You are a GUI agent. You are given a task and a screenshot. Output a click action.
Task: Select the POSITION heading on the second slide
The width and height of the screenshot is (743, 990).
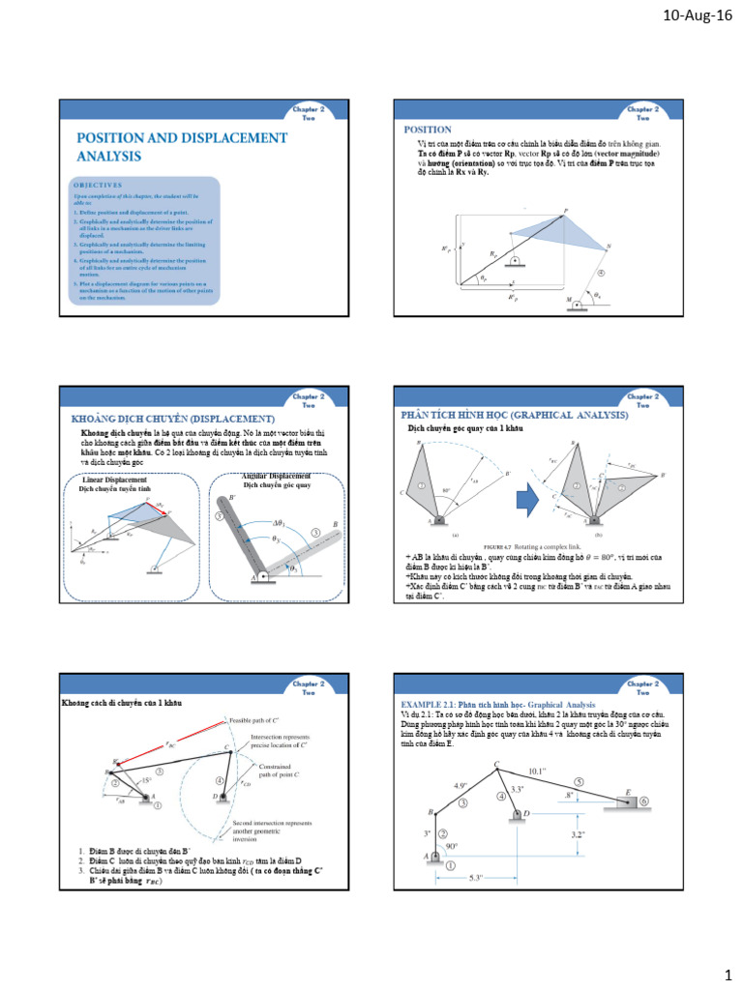428,129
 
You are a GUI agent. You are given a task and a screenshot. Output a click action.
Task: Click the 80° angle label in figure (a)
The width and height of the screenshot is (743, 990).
446,490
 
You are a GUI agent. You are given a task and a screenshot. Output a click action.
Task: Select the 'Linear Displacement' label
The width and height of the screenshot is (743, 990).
115,480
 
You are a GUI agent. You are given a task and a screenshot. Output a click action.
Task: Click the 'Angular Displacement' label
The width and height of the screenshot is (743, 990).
276,477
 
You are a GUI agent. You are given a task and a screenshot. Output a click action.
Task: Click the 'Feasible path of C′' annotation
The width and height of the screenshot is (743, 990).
265,721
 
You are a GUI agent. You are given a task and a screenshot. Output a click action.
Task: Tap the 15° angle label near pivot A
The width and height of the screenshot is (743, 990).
145,779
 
